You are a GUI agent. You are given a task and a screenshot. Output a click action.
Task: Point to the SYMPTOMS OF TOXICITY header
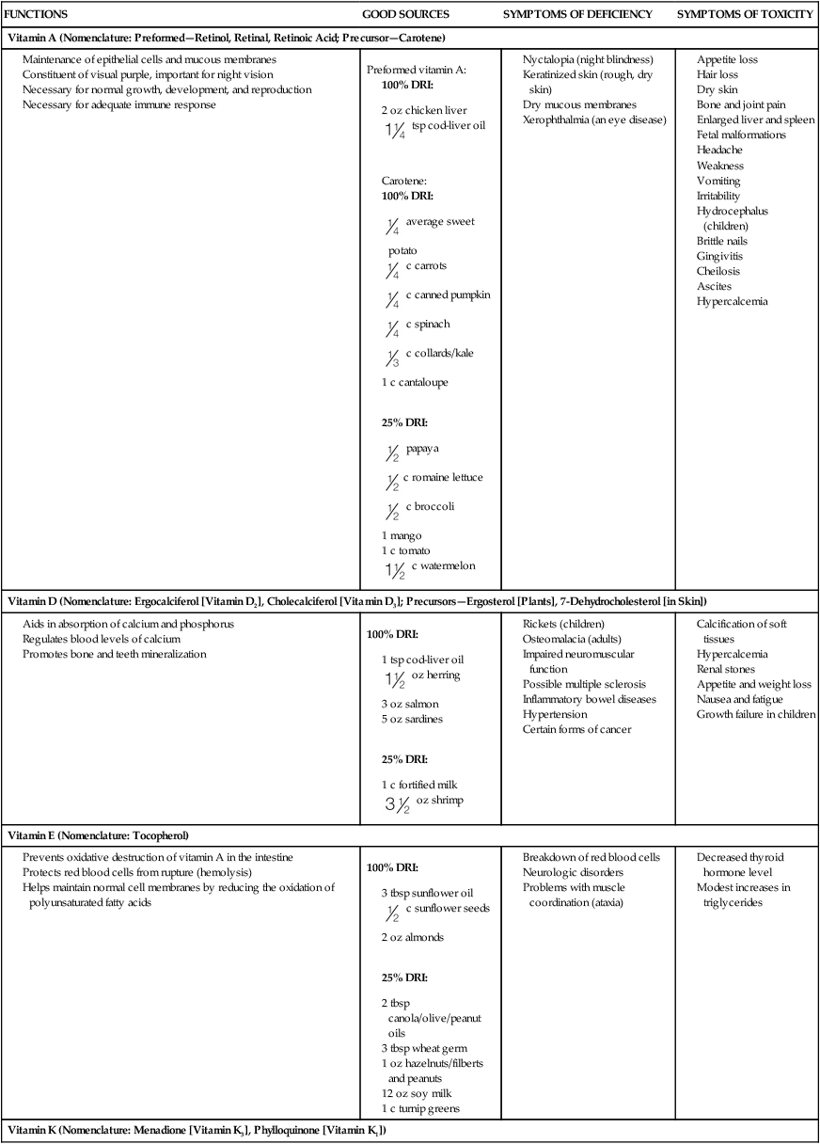pos(746,15)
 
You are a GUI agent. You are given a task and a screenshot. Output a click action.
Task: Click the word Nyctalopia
pos(550,59)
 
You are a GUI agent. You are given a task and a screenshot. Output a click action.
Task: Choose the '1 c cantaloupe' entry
pos(408,383)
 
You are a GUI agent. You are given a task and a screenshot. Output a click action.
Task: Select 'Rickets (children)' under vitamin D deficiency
pos(563,624)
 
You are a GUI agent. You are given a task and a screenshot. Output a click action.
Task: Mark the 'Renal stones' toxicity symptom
pos(725,669)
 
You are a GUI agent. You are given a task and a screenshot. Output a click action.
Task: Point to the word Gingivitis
pos(721,256)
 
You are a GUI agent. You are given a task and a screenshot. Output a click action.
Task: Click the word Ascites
pos(714,286)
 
